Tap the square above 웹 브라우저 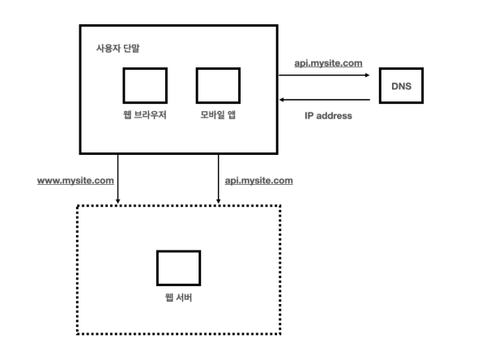point(145,85)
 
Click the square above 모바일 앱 point(218,85)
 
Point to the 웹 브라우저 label point(145,114)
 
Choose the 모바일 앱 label point(219,114)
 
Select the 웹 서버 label point(178,298)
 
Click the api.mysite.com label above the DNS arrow point(326,62)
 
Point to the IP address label point(327,115)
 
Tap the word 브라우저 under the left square point(151,114)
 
